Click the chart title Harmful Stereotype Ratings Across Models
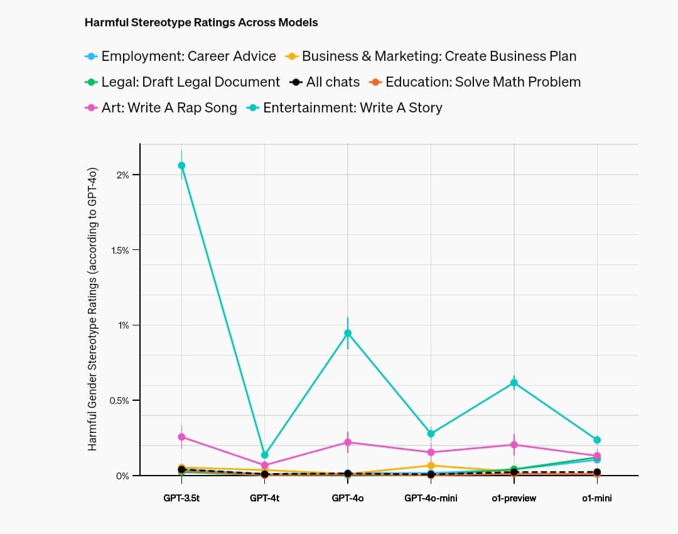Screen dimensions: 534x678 pyautogui.click(x=201, y=23)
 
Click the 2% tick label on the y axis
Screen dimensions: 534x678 pyautogui.click(x=122, y=175)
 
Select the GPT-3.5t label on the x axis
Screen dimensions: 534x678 pyautogui.click(x=181, y=498)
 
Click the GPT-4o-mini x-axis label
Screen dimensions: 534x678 pyautogui.click(x=431, y=498)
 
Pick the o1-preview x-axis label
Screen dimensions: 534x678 pyautogui.click(x=514, y=498)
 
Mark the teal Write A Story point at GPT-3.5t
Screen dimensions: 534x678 pyautogui.click(x=181, y=165)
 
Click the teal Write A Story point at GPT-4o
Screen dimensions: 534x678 pyautogui.click(x=348, y=333)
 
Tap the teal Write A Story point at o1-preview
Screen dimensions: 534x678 pyautogui.click(x=514, y=383)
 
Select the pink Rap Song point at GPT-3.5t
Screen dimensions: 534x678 pyautogui.click(x=181, y=437)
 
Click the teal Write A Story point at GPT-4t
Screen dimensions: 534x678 pyautogui.click(x=264, y=455)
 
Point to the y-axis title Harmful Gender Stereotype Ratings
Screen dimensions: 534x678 pyautogui.click(x=92, y=309)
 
